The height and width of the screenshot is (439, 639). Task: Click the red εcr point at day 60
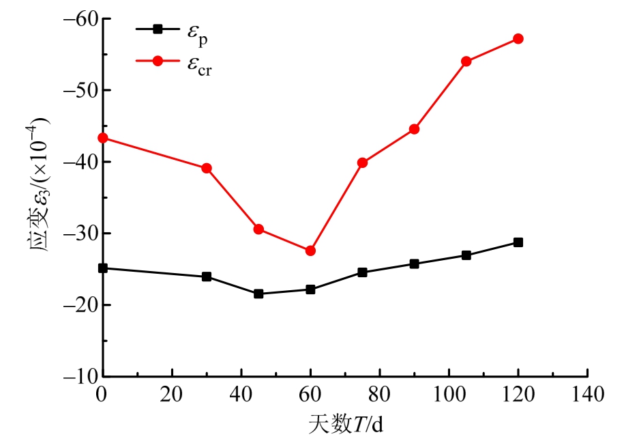[x=310, y=251]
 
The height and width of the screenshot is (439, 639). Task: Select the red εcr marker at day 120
[x=518, y=39]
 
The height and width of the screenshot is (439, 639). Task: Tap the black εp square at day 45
[x=258, y=294]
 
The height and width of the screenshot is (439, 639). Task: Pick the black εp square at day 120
[x=518, y=242]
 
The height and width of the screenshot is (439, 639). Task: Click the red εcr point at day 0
[x=103, y=138]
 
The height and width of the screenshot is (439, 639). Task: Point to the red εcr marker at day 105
[x=466, y=61]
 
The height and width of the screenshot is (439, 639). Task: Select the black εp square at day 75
[x=362, y=272]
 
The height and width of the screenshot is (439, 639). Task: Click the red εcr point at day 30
[x=207, y=168]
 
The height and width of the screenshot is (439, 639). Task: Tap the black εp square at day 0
[x=103, y=268]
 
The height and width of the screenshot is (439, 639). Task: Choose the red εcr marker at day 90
[x=414, y=129]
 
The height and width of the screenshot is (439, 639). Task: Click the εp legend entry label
[x=197, y=32]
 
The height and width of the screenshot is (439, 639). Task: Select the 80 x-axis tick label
[x=379, y=394]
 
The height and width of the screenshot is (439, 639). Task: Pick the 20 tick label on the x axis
[x=172, y=394]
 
